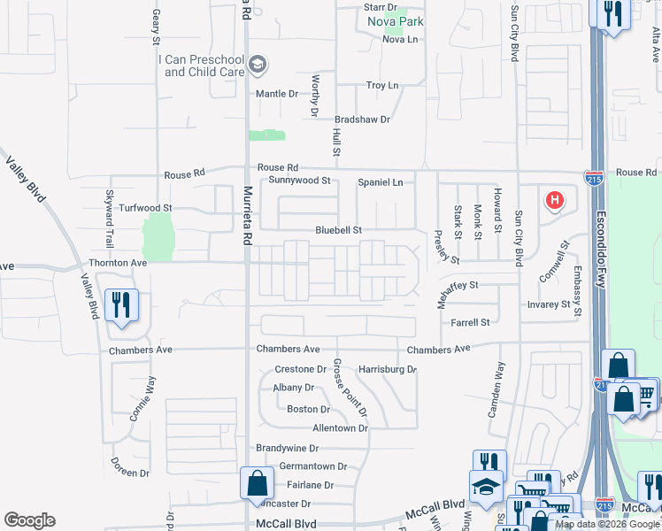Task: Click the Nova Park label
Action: pyautogui.click(x=396, y=22)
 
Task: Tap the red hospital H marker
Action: pyautogui.click(x=555, y=200)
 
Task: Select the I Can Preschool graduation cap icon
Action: pyautogui.click(x=258, y=64)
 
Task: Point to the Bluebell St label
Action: pyautogui.click(x=339, y=230)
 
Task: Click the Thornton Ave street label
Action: pyautogui.click(x=117, y=263)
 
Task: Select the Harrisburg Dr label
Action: pyautogui.click(x=387, y=369)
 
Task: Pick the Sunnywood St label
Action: pyautogui.click(x=299, y=181)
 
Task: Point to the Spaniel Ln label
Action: pyautogui.click(x=380, y=182)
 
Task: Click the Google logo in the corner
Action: pyautogui.click(x=29, y=520)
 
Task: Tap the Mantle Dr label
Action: pyautogui.click(x=277, y=93)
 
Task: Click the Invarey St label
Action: pyautogui.click(x=549, y=304)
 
